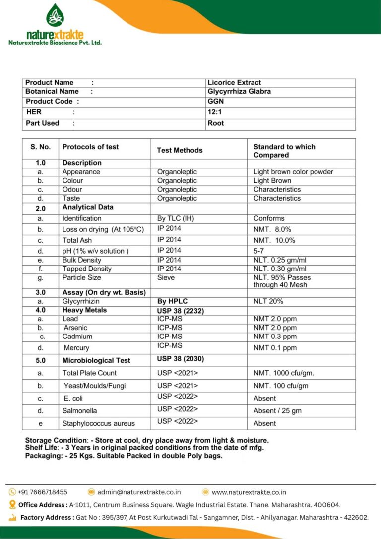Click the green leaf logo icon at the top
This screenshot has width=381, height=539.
(x=55, y=15)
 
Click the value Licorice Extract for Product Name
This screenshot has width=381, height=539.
(x=234, y=83)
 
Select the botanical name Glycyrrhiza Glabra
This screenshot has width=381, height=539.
(x=239, y=92)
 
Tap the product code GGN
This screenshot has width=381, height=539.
(x=216, y=101)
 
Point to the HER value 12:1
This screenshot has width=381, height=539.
(x=215, y=112)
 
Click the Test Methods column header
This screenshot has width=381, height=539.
(x=180, y=150)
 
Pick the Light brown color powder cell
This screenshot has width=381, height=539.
(x=293, y=172)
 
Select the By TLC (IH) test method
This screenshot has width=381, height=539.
(x=176, y=218)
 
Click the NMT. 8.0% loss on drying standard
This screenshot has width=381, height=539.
(x=272, y=229)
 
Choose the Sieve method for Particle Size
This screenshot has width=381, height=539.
(x=166, y=277)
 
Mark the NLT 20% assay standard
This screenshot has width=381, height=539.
(x=268, y=301)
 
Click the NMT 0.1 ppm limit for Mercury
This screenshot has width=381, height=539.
(x=275, y=348)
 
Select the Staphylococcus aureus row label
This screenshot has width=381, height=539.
(x=98, y=423)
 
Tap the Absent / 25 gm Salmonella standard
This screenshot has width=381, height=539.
(x=277, y=411)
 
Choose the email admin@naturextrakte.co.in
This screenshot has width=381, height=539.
(x=139, y=492)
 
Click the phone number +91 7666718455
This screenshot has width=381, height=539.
(x=42, y=492)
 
